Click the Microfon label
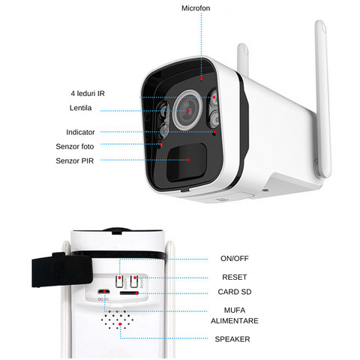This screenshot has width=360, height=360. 196,8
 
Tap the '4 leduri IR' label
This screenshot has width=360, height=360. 88,94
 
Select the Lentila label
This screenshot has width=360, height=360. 80,108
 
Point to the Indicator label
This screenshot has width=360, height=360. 80,132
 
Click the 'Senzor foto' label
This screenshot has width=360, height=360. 75,146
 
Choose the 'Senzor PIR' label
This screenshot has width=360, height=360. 75,160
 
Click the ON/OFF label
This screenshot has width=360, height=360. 235,259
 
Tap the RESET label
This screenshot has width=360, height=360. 235,277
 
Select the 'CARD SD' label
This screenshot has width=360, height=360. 235,292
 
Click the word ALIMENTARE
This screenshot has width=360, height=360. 235,321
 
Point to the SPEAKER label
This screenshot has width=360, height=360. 232,339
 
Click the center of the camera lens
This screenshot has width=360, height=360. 188,111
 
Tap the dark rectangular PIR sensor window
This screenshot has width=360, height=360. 187,162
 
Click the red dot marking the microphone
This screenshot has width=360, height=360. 201,79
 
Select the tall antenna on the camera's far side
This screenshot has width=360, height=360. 323,99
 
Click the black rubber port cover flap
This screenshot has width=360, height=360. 61,269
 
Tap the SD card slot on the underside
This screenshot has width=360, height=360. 129,293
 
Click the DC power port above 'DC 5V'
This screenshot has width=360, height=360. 103,292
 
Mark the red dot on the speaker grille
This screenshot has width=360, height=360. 120,324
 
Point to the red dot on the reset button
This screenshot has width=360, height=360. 135,277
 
